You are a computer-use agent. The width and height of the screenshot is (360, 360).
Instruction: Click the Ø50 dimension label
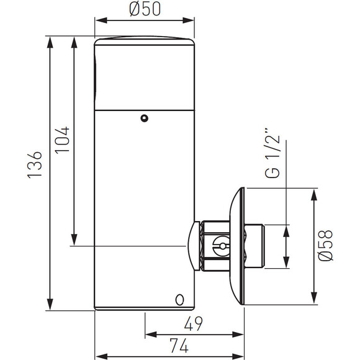pyautogui.click(x=145, y=9)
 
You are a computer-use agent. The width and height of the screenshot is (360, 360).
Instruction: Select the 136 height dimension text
pyautogui.click(x=35, y=164)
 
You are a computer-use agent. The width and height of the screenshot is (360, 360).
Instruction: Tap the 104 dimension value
pyautogui.click(x=62, y=140)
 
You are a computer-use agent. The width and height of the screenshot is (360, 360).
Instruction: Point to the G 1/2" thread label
pyautogui.click(x=272, y=153)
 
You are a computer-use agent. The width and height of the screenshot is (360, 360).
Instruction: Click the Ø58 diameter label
pyautogui.click(x=326, y=245)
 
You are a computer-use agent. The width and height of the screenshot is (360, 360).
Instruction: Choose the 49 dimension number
pyautogui.click(x=194, y=323)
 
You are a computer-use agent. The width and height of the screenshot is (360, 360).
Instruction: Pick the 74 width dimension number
pyautogui.click(x=179, y=345)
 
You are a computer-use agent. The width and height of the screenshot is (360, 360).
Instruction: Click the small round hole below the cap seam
pyautogui.click(x=144, y=118)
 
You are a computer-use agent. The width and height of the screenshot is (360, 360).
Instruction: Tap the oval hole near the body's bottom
pyautogui.click(x=179, y=300)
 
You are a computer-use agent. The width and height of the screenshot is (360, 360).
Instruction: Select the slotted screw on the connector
pyautogui.click(x=222, y=246)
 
